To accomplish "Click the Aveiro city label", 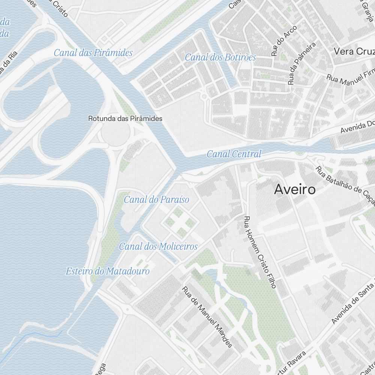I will tap(294, 190).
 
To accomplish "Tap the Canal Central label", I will tap(234, 154).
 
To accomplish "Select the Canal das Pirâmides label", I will tap(93, 53).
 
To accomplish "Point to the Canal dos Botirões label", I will tap(220, 57).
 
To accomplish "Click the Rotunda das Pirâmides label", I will tap(125, 118).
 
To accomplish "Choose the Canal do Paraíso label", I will tap(156, 199).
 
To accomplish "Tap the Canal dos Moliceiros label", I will tap(158, 246).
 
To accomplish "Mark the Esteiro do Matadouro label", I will tap(108, 271).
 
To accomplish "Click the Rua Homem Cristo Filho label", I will tap(259, 252).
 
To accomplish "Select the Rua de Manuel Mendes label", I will tap(207, 317).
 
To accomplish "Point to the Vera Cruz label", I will tap(354, 51).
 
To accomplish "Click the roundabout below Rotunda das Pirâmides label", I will tap(115, 132).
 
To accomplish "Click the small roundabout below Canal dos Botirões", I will tap(204, 96).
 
